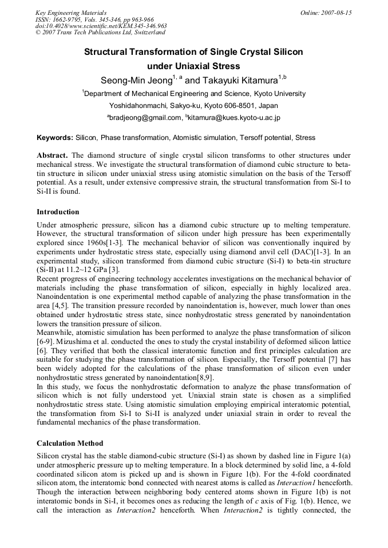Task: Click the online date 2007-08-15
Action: (336, 12)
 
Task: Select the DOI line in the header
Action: (101, 26)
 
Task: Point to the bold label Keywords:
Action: (55, 138)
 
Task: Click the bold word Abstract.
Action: (52, 155)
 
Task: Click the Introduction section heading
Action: (58, 212)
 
